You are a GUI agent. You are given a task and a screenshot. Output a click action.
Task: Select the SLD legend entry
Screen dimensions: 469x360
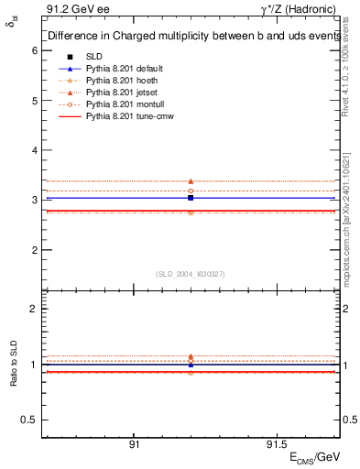(94, 57)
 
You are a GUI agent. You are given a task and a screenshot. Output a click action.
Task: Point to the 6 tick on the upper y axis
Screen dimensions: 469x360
(34, 50)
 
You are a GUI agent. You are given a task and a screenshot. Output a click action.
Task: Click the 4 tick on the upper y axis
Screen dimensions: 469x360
(34, 150)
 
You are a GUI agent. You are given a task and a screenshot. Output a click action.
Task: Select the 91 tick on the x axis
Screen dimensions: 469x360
(134, 443)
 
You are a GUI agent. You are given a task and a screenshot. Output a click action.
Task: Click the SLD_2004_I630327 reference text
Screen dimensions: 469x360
(191, 273)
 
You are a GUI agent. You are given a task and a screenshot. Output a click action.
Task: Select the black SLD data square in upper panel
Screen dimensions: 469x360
(191, 198)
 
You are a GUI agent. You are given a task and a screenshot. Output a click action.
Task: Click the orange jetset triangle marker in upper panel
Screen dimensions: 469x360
(191, 181)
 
